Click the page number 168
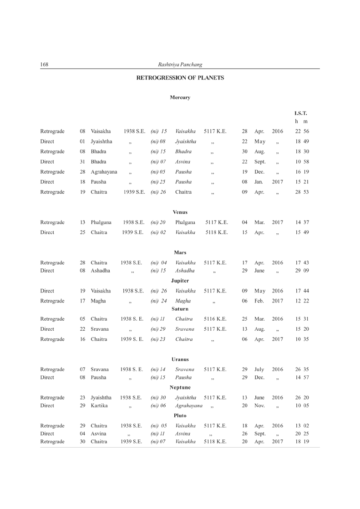(44, 65)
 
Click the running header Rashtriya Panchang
(180, 65)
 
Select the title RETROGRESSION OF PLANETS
(180, 78)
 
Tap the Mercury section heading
(180, 97)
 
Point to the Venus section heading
(180, 212)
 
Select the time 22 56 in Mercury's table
(301, 131)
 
